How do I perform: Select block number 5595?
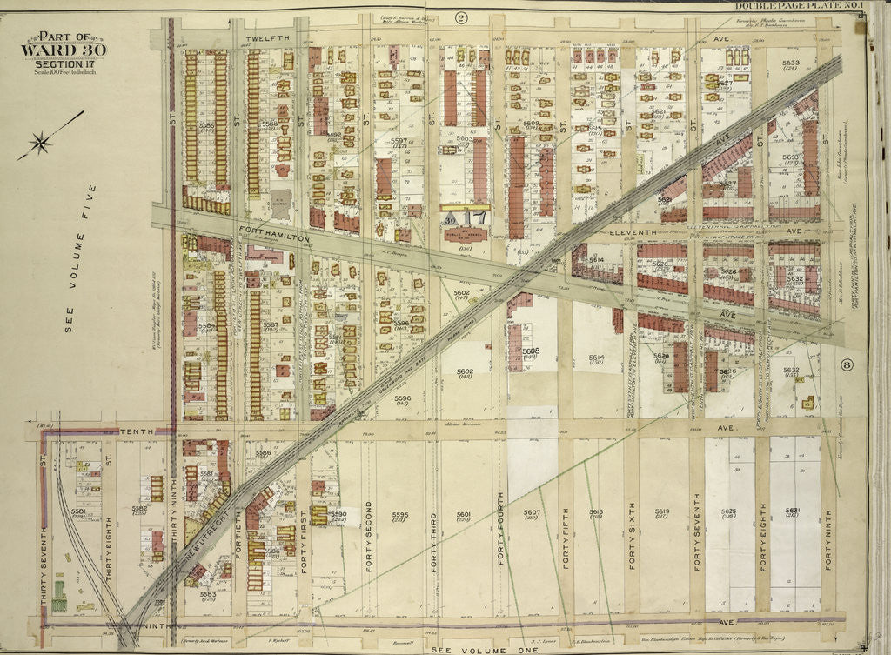click(399, 513)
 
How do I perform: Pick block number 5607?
click(532, 512)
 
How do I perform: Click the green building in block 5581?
click(59, 598)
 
